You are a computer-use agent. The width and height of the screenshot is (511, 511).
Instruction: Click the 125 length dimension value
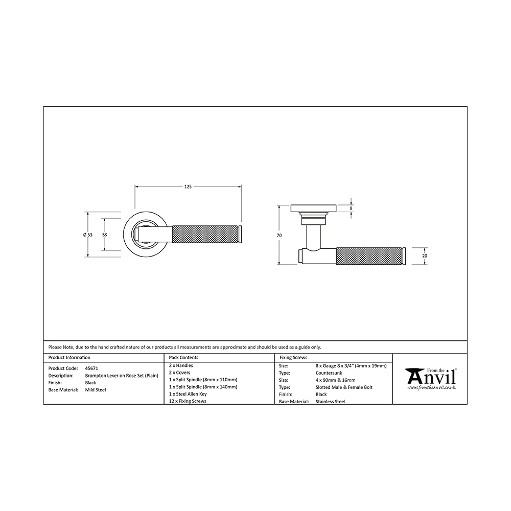tap(188, 187)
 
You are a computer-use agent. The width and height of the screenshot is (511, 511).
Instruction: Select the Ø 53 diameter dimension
tap(88, 235)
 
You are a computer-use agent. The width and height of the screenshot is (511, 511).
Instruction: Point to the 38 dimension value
tap(104, 235)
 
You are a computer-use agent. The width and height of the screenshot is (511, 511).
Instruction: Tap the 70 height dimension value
tap(279, 236)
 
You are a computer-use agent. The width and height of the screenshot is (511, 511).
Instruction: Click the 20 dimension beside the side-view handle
tap(424, 256)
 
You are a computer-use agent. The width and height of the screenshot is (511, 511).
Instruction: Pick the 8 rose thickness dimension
tap(351, 208)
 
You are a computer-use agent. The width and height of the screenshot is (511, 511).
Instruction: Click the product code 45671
tap(91, 368)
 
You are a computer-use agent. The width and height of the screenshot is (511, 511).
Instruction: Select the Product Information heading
tap(69, 358)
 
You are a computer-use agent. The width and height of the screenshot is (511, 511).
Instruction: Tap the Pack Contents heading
tap(183, 358)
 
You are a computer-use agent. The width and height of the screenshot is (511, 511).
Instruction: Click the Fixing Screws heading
tap(293, 358)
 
